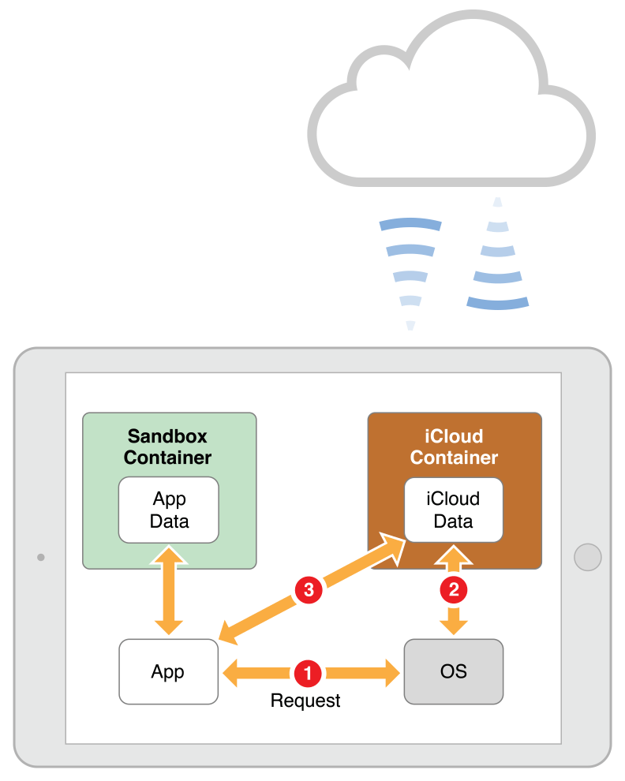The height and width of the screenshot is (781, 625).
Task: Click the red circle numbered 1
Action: coord(306,673)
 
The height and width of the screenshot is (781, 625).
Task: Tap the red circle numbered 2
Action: coord(454,588)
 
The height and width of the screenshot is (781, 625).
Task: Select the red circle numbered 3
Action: coord(308,589)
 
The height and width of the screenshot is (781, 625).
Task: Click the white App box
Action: coord(168,671)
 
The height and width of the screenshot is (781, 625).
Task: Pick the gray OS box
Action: coord(454,671)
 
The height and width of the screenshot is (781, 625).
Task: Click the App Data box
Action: coord(169,510)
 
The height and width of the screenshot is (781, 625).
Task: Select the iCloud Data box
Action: coord(454,510)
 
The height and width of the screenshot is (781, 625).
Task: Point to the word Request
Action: coord(305,701)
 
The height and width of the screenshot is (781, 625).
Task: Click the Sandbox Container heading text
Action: coord(168,447)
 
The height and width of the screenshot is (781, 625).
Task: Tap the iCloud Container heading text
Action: coord(454,447)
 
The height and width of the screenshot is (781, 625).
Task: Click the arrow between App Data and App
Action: coord(169,591)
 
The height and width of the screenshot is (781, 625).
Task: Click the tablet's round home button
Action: coord(587,557)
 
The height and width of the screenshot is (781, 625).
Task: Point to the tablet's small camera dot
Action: coord(40,558)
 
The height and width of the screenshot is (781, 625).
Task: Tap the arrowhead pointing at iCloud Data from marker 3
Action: coord(391,546)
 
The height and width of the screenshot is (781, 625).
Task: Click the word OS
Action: coord(454,671)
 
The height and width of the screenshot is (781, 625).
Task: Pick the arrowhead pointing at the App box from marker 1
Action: coord(233,673)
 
